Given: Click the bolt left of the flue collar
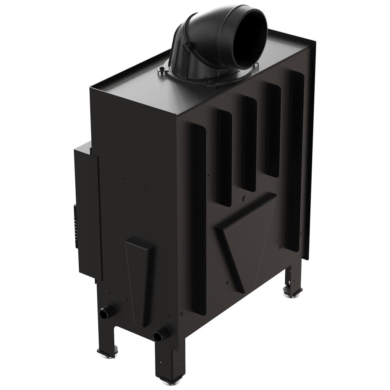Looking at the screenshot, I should pos(161,70).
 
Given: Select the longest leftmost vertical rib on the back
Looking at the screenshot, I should pos(198,218).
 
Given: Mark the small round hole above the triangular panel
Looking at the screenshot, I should pos(244,199).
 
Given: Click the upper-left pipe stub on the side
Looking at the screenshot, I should pos(106,312).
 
